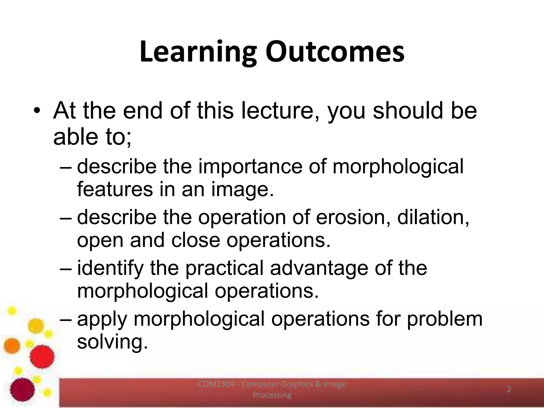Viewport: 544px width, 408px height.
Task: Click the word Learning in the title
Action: coord(198,52)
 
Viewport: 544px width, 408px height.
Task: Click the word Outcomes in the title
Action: coord(335,52)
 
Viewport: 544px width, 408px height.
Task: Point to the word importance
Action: coord(250,167)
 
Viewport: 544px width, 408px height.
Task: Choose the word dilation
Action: coord(433,217)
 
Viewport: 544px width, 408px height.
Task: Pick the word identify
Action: coord(110,268)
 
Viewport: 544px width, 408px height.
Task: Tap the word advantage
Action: coord(319,268)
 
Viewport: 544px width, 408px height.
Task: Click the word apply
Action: coord(102,319)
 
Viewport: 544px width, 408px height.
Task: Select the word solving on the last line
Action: coord(112,342)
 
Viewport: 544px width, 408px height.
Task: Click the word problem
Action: coord(445,319)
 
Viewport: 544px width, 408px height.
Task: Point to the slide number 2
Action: coord(509,389)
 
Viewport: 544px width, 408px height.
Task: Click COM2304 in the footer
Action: coord(216,384)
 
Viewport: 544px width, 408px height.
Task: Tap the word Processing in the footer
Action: coord(272,395)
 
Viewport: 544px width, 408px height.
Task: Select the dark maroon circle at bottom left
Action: coord(23,389)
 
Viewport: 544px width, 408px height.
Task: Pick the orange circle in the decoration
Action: coord(12,346)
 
